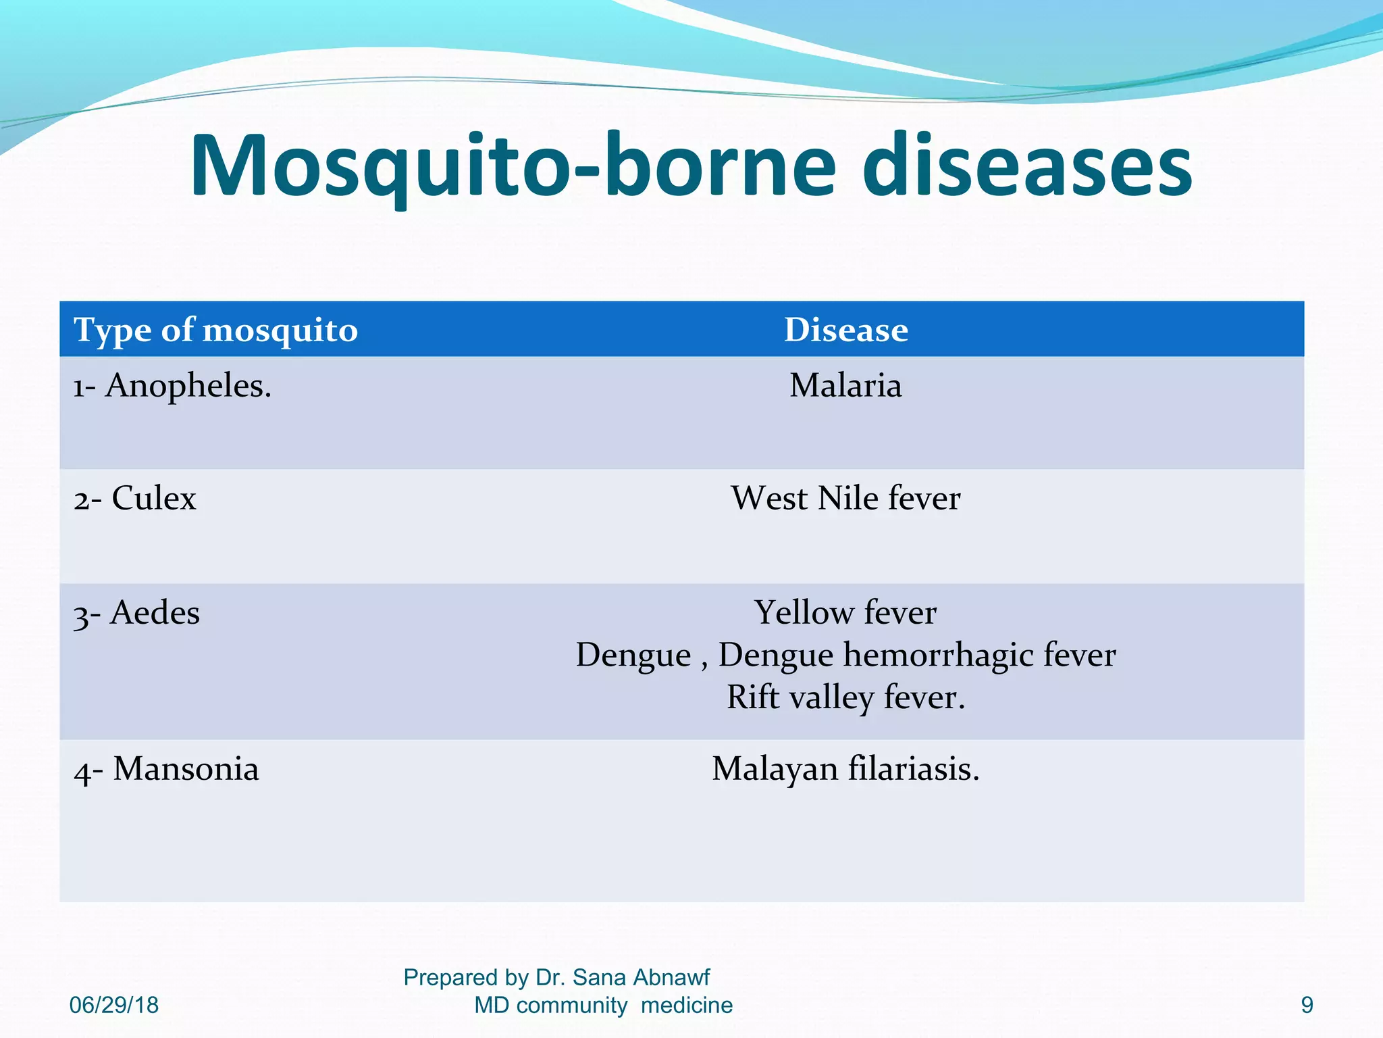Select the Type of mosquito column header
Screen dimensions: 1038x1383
point(215,330)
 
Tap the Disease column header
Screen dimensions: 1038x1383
point(845,330)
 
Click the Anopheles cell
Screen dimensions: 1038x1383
point(172,387)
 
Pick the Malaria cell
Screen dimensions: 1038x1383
point(845,387)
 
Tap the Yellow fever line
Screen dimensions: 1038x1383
point(845,613)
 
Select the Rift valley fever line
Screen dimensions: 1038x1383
point(845,697)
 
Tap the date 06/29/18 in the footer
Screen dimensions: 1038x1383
point(114,1005)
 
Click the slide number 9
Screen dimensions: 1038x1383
point(1307,1005)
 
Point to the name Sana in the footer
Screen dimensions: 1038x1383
point(598,977)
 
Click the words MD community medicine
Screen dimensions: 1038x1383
point(603,1005)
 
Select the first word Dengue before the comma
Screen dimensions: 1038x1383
point(633,656)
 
